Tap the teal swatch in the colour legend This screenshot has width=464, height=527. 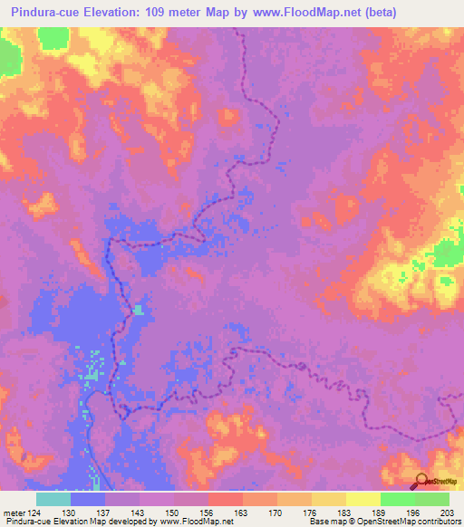point(53,499)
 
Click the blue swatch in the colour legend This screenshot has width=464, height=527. point(88,499)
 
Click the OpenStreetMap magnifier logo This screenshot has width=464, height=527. point(421,483)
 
